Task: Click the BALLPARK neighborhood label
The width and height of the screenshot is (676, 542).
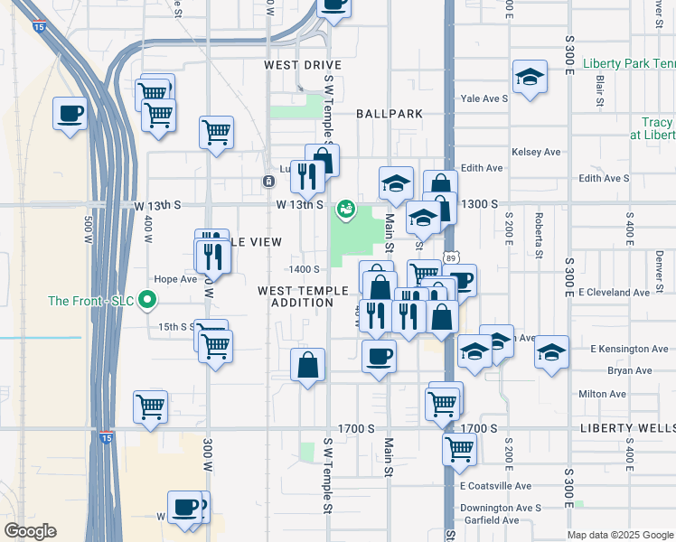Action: click(x=390, y=114)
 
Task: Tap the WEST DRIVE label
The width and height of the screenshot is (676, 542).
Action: click(x=303, y=65)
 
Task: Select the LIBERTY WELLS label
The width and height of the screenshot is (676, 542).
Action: click(x=628, y=427)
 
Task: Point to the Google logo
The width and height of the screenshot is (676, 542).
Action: click(x=30, y=531)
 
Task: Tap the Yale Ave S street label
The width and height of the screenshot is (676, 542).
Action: click(x=484, y=98)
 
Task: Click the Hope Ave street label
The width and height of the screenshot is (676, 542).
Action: click(x=175, y=279)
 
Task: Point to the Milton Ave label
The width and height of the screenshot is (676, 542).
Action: click(x=602, y=394)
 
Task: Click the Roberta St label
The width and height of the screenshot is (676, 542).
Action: click(x=539, y=234)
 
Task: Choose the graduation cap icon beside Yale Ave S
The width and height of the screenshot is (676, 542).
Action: click(x=530, y=79)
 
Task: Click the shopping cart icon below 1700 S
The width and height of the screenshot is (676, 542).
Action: click(x=459, y=447)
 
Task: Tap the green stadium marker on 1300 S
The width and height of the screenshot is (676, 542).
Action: click(x=344, y=210)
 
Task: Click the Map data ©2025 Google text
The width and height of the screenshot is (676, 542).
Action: click(x=619, y=535)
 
